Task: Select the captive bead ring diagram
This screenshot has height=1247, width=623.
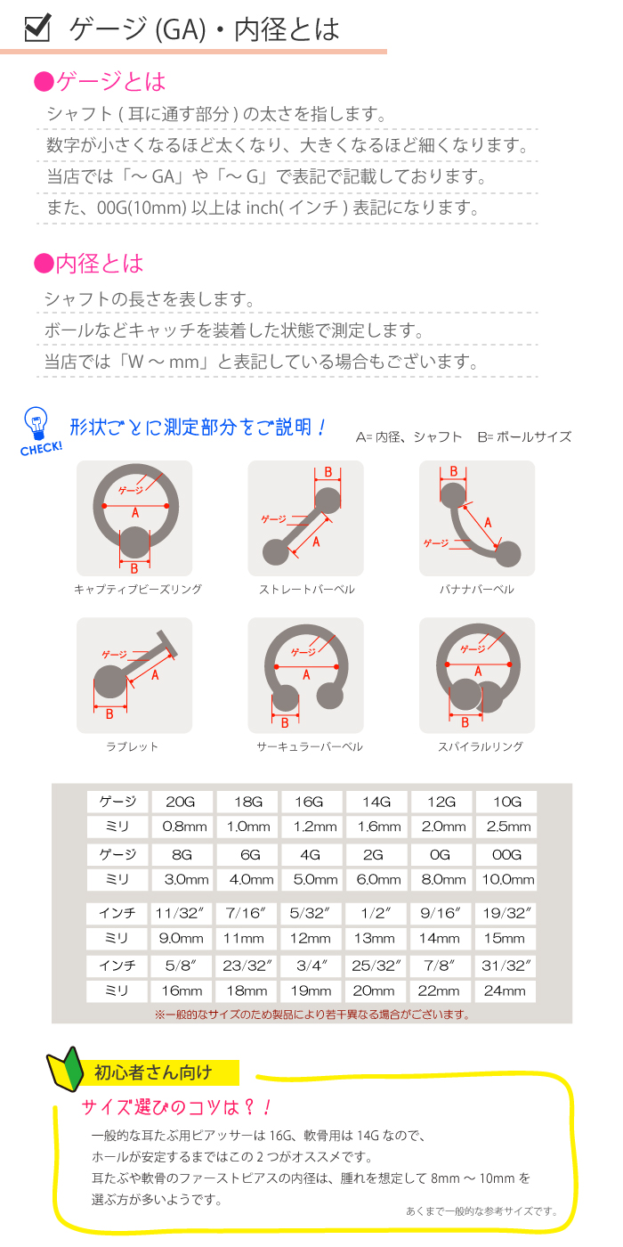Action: pos(134,518)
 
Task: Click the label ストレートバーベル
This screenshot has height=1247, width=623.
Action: pos(306,590)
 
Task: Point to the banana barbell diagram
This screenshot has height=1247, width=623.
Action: pos(477,518)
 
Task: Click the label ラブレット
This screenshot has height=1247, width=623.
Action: pos(134,746)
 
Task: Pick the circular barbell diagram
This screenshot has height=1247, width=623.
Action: pos(306,674)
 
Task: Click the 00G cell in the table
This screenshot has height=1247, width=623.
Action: pos(506,854)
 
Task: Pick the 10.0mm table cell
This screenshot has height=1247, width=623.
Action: pos(506,880)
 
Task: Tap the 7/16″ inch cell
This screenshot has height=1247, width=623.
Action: pos(247,913)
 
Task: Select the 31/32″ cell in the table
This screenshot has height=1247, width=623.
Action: pos(506,966)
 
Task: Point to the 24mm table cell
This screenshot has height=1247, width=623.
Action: pos(506,990)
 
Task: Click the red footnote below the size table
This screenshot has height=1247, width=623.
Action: pos(311,1014)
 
